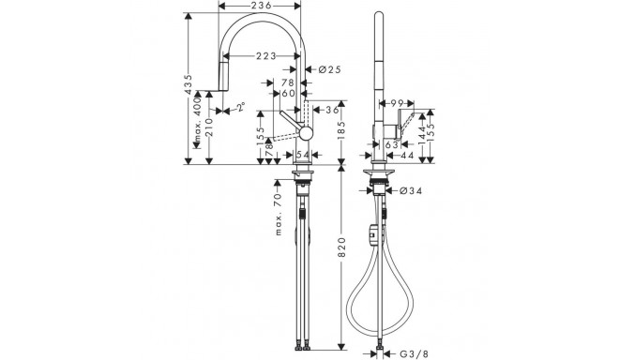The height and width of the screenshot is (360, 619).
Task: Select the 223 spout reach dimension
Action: [266, 56]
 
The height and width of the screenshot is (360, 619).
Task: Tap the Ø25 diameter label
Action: [329, 70]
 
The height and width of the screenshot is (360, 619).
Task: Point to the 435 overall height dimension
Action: [189, 84]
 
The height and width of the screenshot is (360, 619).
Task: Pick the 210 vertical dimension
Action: [209, 127]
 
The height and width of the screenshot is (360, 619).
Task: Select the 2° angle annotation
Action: [240, 107]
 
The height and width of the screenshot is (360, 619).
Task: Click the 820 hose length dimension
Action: [342, 247]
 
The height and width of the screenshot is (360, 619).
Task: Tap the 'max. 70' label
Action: [279, 214]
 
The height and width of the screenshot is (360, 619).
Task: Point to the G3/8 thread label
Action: [415, 354]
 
